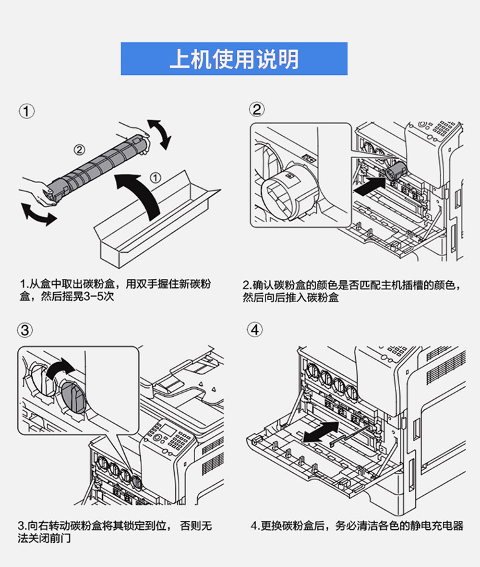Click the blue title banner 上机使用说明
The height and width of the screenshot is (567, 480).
[234, 59]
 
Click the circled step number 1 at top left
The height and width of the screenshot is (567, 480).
[26, 111]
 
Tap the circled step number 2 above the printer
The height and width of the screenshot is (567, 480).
[257, 109]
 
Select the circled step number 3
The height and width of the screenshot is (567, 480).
[24, 330]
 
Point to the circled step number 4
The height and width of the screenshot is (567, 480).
[255, 330]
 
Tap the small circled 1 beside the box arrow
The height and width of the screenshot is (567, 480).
[156, 177]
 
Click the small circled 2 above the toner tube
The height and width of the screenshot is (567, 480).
[79, 149]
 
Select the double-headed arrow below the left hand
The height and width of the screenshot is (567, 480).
[38, 215]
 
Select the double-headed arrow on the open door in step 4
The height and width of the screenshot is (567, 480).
[321, 432]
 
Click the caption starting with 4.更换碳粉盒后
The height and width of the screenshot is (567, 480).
[357, 525]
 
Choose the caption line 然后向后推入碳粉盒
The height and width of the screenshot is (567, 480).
[291, 298]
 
